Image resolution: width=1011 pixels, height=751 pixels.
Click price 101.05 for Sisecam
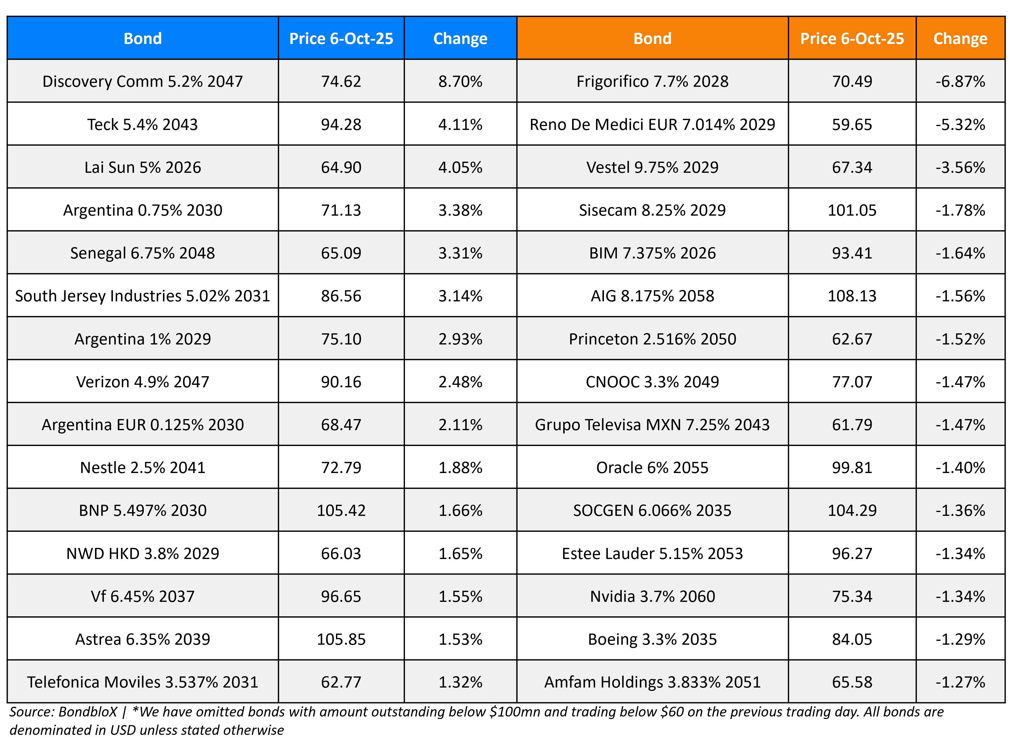[x=852, y=210]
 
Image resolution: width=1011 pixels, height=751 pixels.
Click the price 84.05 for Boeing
[x=852, y=639]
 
